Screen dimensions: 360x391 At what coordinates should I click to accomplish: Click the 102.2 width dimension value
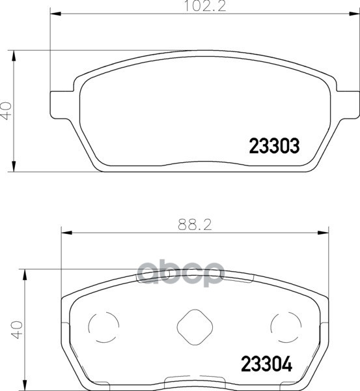click(x=205, y=6)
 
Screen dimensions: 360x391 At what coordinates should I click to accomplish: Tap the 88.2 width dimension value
click(x=195, y=225)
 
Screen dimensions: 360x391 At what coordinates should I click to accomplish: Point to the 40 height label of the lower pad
click(x=18, y=330)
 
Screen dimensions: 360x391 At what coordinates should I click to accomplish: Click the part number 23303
click(x=274, y=146)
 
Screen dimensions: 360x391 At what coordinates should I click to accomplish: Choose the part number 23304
click(x=266, y=364)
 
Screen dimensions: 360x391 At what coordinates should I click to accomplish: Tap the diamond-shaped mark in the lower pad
click(x=195, y=327)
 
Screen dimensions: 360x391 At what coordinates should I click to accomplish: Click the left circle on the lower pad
click(x=104, y=327)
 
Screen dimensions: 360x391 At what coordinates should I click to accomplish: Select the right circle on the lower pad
click(x=286, y=327)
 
